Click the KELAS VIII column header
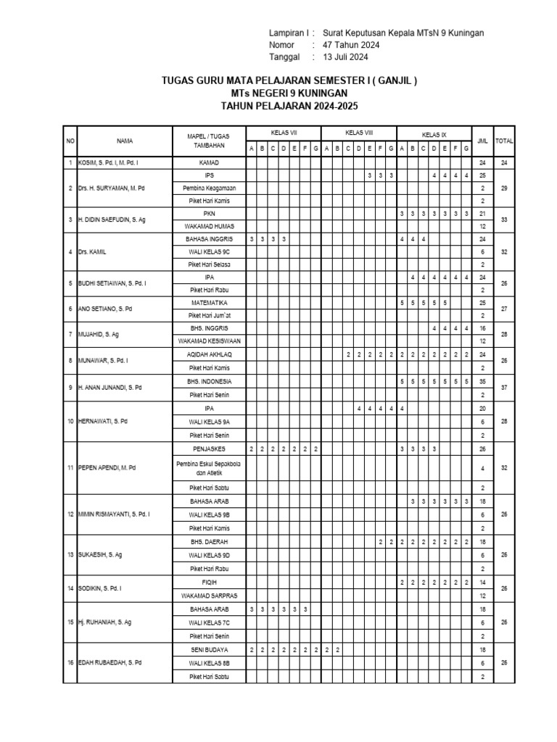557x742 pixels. (359, 133)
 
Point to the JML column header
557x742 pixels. (483, 141)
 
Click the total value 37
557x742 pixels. (504, 387)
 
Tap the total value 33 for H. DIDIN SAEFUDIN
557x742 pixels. (504, 220)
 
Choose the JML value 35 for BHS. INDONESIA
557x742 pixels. (483, 380)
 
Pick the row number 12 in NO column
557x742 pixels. (70, 514)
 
